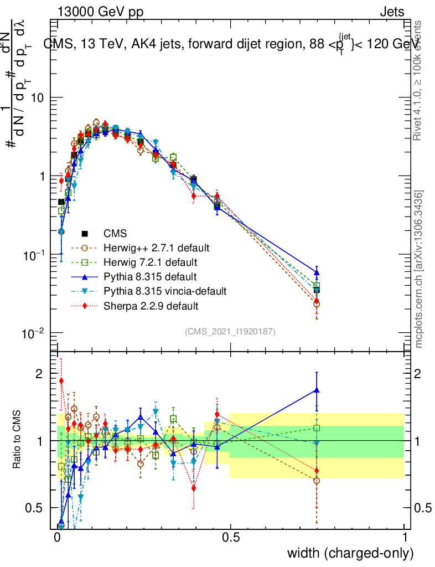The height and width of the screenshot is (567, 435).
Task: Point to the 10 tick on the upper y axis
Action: (37, 97)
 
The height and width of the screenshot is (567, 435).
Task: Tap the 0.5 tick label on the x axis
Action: (231, 537)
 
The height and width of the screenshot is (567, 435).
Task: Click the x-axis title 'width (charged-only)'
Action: (350, 553)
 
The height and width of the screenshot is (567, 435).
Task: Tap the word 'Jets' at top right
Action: (392, 12)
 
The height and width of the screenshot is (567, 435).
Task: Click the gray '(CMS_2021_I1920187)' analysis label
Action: (230, 331)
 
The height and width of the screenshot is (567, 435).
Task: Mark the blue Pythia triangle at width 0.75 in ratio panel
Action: (317, 390)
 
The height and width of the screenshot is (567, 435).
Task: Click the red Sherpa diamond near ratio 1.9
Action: (61, 381)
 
